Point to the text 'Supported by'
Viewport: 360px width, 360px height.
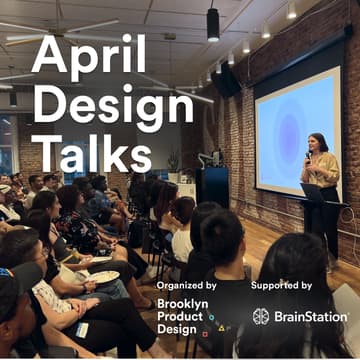284,285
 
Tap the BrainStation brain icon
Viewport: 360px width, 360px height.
261,316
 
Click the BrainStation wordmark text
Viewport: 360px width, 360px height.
311,316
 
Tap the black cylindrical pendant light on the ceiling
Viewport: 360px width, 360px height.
213,24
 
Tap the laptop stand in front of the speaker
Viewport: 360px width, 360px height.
311,192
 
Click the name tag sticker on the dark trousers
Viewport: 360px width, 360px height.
82,329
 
